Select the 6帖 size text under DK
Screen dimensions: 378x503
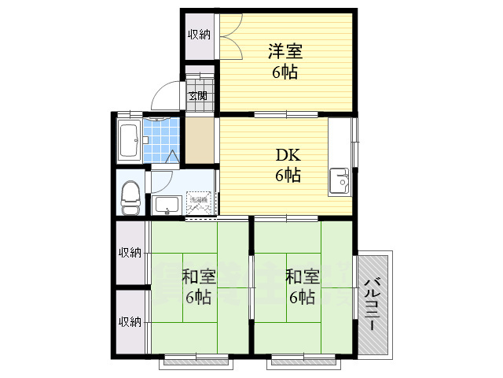click(288, 176)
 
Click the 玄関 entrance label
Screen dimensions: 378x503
click(197, 97)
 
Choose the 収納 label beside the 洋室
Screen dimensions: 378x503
click(199, 34)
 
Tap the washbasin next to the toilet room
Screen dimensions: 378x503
click(167, 206)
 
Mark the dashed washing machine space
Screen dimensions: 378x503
click(200, 202)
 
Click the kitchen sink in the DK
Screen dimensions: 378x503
click(340, 180)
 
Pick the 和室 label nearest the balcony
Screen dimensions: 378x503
click(303, 276)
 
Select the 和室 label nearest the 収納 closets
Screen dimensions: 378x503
click(199, 276)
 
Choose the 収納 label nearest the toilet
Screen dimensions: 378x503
click(130, 253)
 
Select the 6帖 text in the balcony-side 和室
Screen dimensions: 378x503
click(303, 298)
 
